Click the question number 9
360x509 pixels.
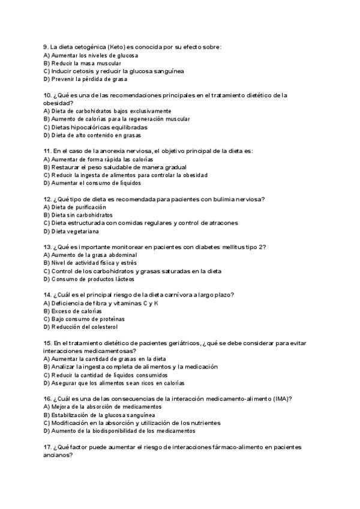pos(46,47)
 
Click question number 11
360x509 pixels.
pos(47,151)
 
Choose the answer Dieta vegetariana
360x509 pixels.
pos(75,231)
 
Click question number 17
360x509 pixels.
pos(47,447)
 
